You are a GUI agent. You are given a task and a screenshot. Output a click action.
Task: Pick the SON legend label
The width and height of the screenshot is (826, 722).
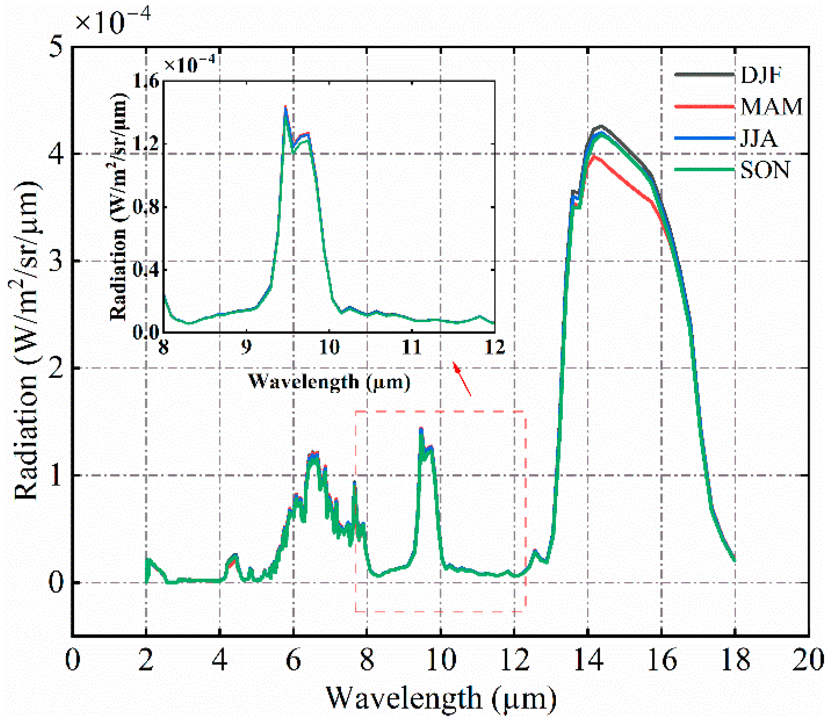(x=765, y=170)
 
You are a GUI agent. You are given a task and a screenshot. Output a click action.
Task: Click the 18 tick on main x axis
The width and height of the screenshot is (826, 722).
(x=735, y=661)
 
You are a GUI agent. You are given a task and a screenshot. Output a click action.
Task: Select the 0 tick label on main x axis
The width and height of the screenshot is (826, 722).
(x=73, y=661)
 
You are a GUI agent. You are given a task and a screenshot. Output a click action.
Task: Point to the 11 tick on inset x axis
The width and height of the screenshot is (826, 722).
(x=412, y=346)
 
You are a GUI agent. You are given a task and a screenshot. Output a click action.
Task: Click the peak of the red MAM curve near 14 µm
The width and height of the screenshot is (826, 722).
(x=593, y=156)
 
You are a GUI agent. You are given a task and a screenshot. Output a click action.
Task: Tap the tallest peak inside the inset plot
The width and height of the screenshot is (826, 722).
(x=285, y=107)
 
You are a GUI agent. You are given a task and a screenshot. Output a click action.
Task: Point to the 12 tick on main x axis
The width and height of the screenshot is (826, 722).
(x=514, y=661)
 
